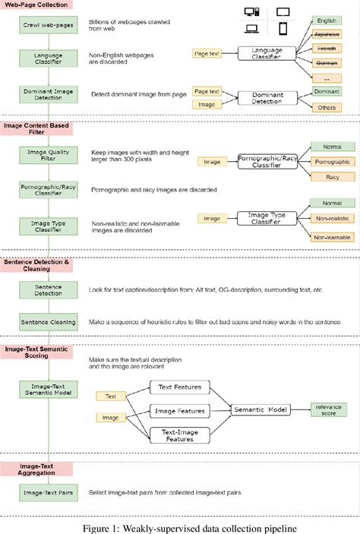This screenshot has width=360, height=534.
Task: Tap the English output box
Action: coord(327,21)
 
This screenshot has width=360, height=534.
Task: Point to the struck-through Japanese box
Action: coord(327,34)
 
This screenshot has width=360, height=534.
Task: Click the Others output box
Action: coord(326,108)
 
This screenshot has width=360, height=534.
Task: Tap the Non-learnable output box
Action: coord(331,237)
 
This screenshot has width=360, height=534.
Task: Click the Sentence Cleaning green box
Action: coord(49,323)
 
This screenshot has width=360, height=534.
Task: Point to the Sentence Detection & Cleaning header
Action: coord(39,266)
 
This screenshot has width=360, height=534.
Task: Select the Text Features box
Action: coord(180,387)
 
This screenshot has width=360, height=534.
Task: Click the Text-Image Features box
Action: coord(180,435)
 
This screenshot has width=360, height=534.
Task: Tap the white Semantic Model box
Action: coord(261,410)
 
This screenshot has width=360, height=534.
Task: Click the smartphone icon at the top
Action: coord(283,29)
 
